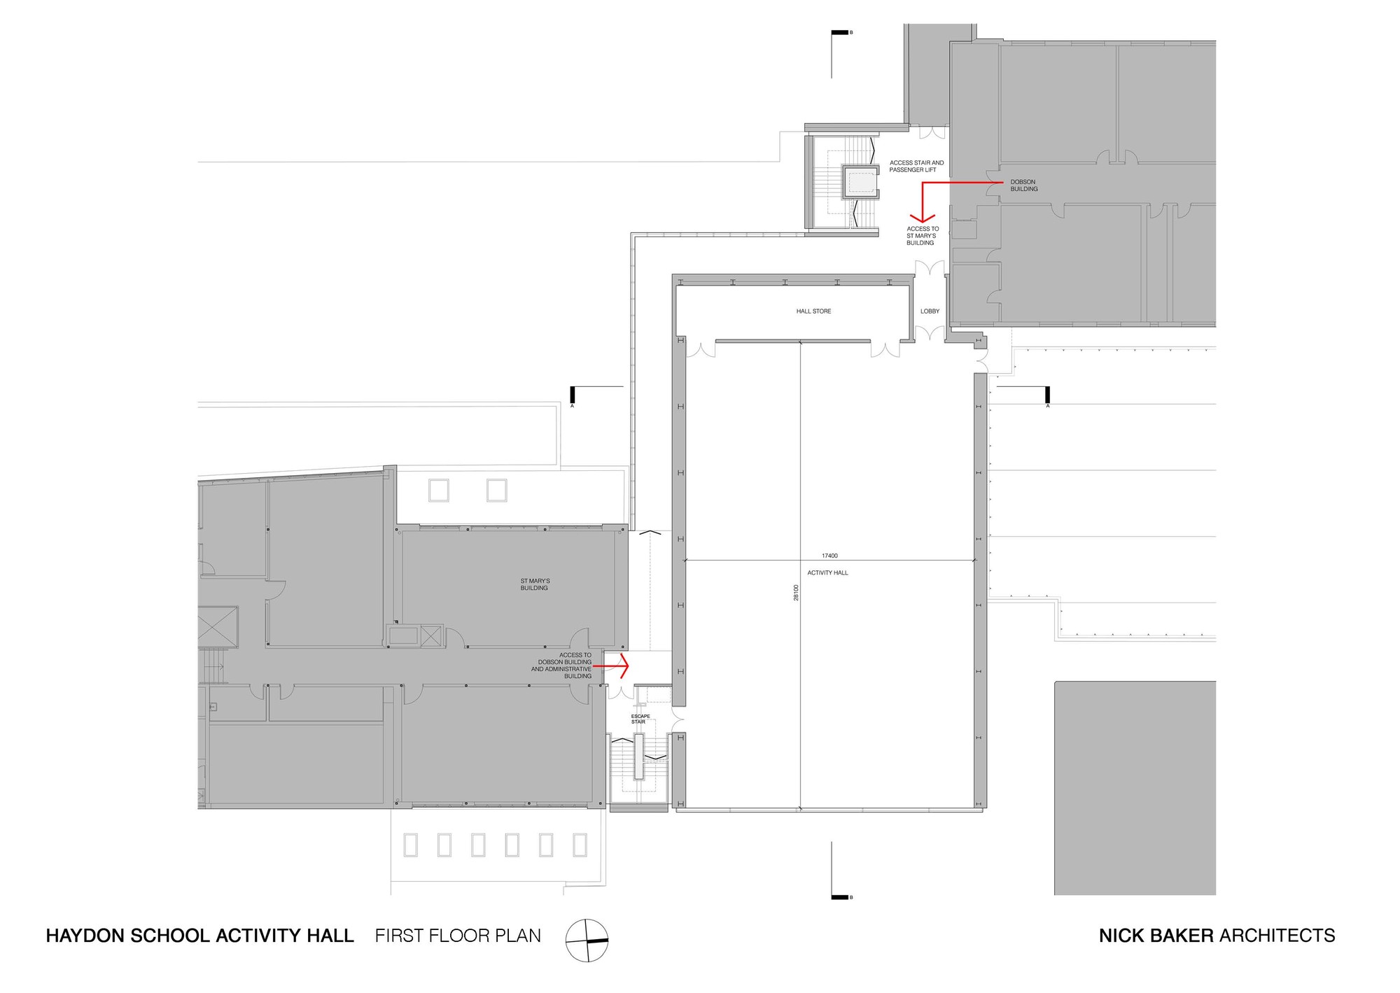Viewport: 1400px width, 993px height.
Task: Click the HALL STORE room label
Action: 813,311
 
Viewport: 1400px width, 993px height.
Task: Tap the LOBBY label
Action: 930,311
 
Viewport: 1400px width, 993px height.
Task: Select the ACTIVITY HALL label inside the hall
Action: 827,573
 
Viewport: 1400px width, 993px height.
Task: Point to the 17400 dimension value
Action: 829,556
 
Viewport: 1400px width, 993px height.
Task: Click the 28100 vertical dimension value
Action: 796,593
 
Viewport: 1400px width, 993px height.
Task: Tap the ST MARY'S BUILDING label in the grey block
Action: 535,584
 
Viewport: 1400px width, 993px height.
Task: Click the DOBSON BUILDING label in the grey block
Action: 1023,185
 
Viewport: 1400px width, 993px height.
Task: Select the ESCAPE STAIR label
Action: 640,719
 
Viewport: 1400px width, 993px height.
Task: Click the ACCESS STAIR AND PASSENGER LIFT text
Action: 916,167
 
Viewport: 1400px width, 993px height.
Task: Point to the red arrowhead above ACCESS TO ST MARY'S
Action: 922,218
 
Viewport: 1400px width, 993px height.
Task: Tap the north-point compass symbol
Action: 587,941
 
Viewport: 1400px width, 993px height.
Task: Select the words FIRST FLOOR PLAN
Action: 458,936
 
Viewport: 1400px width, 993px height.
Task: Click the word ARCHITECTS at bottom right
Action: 1277,936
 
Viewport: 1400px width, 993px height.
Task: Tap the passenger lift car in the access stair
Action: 860,183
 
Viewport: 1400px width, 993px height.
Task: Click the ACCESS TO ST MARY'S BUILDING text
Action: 921,236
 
